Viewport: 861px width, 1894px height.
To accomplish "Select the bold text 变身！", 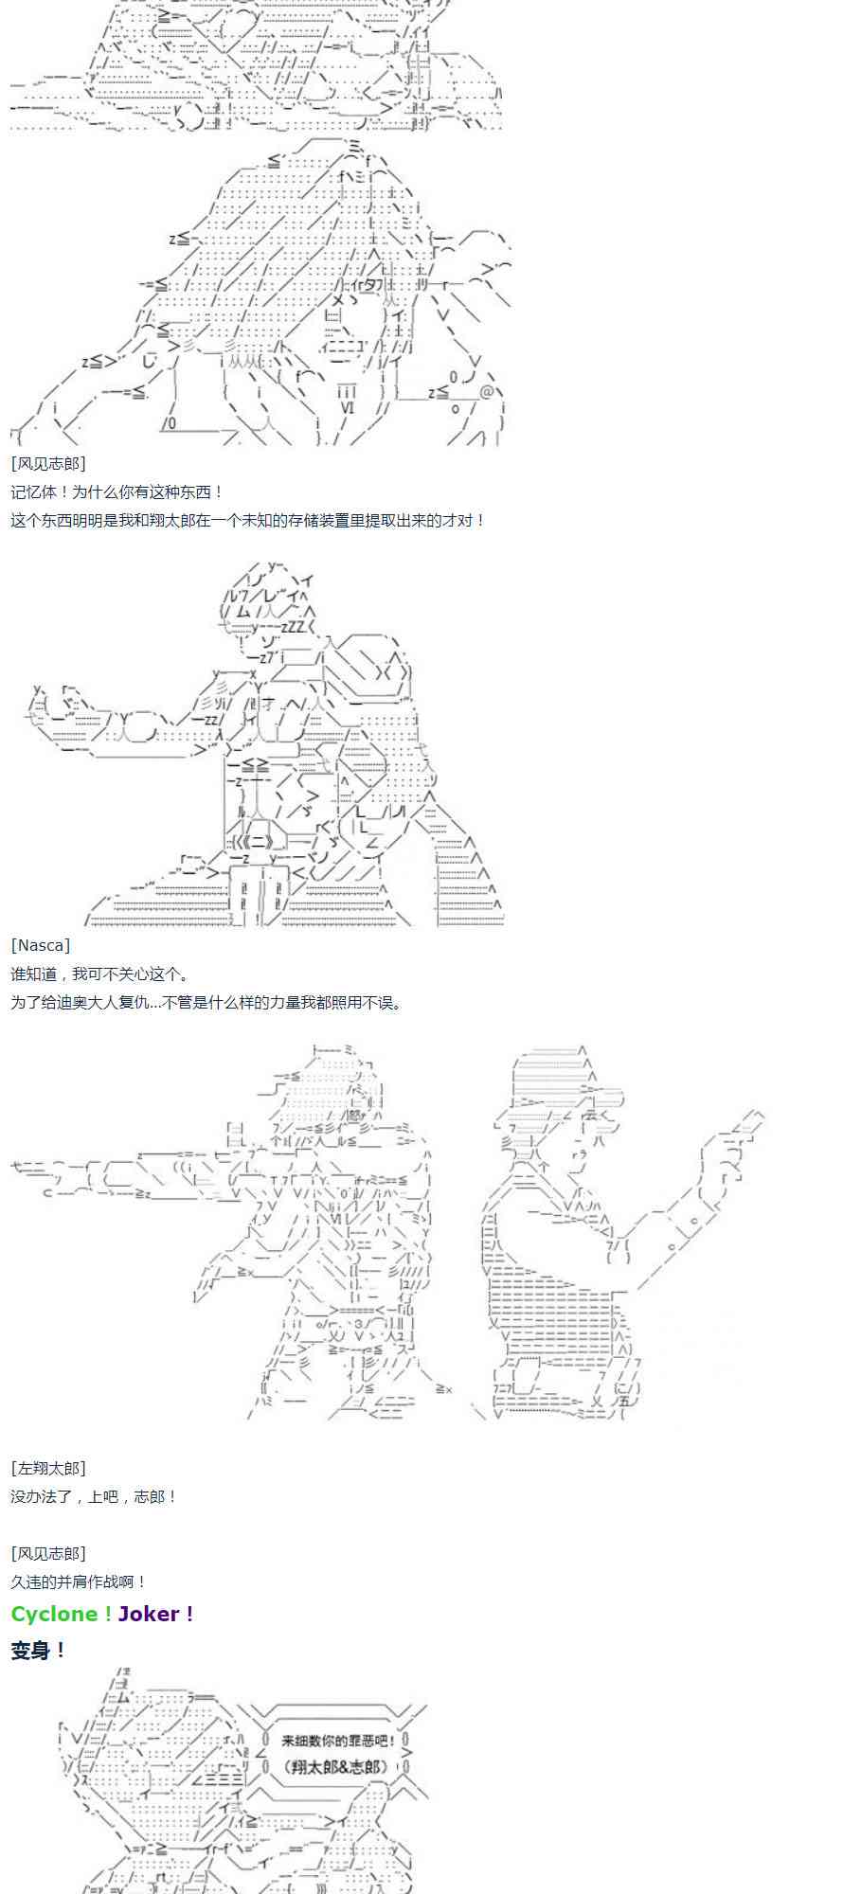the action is click(x=38, y=1651).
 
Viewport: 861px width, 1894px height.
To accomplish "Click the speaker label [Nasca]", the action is click(x=41, y=945).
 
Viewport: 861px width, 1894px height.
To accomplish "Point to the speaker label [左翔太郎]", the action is click(x=48, y=1468).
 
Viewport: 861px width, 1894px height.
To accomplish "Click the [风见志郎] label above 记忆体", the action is click(x=48, y=463).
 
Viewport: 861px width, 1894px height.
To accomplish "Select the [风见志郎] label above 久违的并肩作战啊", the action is click(x=48, y=1553).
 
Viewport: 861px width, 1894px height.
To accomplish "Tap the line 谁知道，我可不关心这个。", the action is click(x=100, y=974).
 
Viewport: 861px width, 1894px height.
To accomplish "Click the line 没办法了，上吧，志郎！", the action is click(x=94, y=1496).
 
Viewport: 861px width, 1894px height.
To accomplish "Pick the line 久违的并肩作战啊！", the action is click(x=80, y=1581).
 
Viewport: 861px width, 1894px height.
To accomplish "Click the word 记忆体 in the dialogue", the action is click(x=33, y=491).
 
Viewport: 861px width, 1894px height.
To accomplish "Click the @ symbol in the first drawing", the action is click(x=487, y=391).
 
